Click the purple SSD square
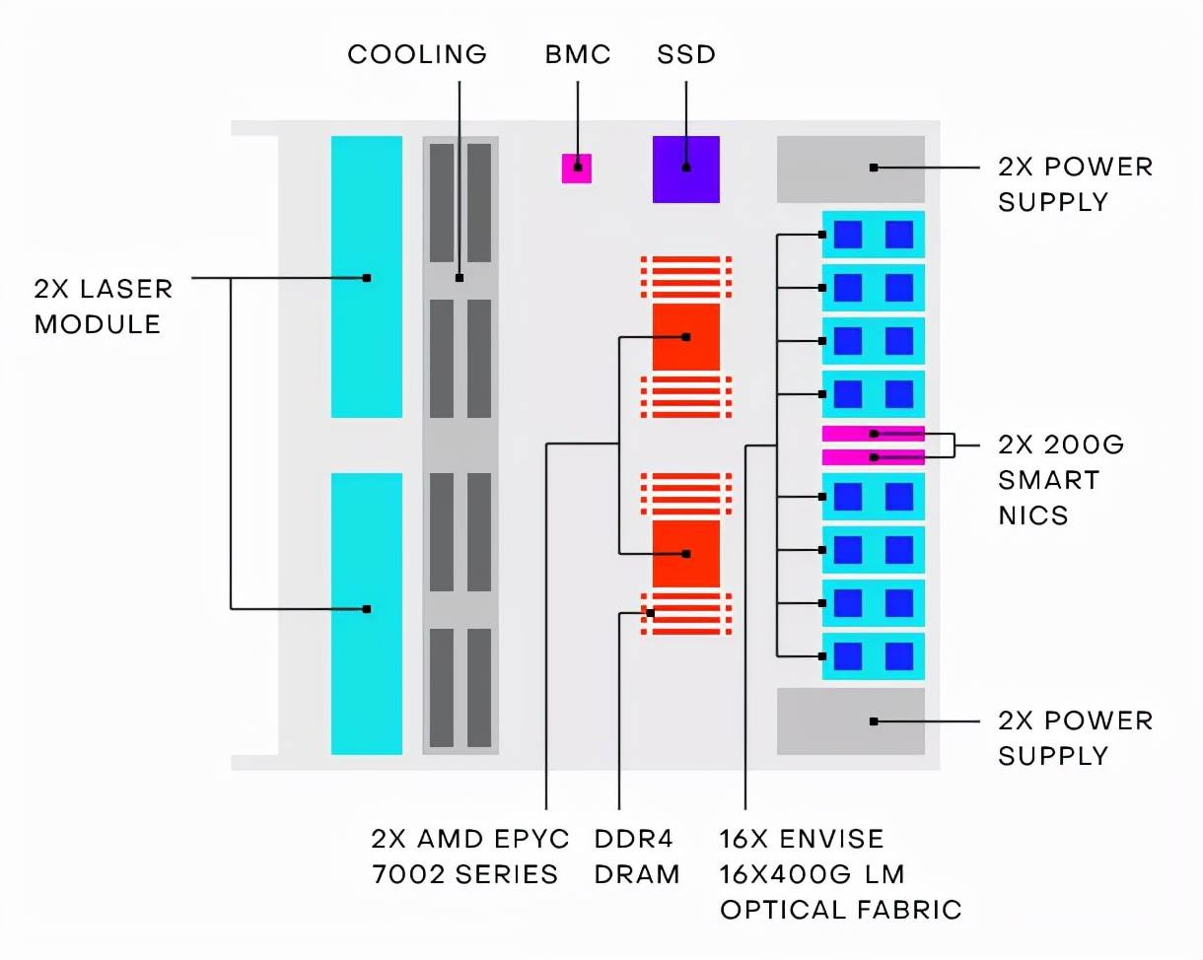click(x=685, y=170)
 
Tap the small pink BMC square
click(x=577, y=169)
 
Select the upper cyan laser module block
click(x=366, y=277)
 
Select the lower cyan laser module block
click(x=366, y=613)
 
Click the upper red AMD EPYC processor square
click(x=685, y=337)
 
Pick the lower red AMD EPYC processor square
click(x=685, y=553)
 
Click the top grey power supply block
click(x=850, y=169)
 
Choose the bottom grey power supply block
click(x=850, y=721)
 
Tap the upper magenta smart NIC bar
click(x=873, y=433)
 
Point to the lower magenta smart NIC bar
click(x=873, y=457)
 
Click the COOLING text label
click(x=417, y=54)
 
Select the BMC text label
click(x=578, y=54)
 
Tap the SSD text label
click(x=686, y=54)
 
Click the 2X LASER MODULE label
click(x=104, y=306)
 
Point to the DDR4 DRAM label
click(x=637, y=856)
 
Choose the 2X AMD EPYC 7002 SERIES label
click(x=470, y=856)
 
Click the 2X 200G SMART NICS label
click(x=1061, y=480)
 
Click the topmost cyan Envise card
click(x=873, y=235)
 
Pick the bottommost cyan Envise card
click(x=873, y=655)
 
